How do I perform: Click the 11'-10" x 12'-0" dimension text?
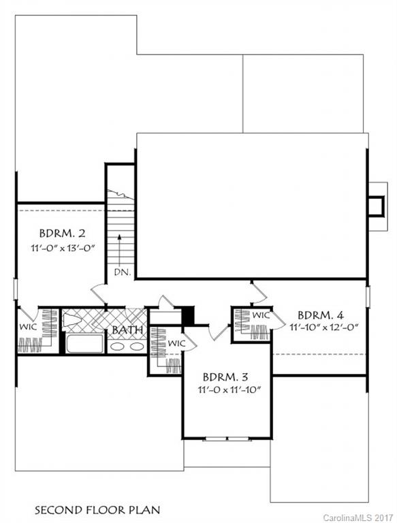click(323, 328)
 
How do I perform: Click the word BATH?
click(127, 331)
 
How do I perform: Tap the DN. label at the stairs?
click(121, 272)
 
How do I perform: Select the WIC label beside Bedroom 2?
click(27, 328)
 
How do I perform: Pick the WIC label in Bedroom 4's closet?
click(261, 315)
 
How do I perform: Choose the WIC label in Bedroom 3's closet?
click(176, 343)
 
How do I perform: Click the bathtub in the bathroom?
click(84, 343)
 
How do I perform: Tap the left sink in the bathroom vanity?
click(118, 346)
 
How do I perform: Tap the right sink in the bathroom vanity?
click(136, 346)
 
